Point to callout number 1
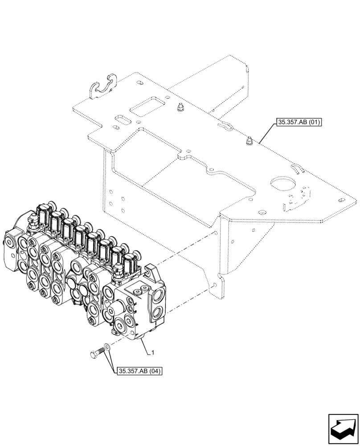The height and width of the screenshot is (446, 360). (x=153, y=352)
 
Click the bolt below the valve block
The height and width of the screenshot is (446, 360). (x=96, y=354)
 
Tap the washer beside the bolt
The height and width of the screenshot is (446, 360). (x=108, y=347)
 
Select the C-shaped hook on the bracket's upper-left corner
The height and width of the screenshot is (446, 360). (x=102, y=88)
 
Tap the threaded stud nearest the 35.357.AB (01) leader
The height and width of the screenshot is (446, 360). (x=248, y=141)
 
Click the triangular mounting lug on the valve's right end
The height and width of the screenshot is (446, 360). (x=151, y=270)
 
